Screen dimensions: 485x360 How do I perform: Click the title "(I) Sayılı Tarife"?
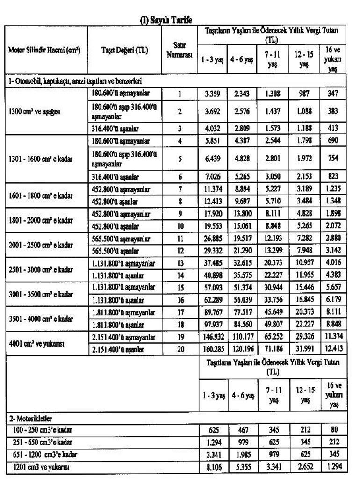pos(166,20)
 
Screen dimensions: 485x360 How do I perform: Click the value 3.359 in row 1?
pos(213,94)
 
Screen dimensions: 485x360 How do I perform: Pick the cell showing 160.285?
pos(213,349)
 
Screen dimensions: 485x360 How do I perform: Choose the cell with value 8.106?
pos(213,466)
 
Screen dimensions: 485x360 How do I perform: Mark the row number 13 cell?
pos(180,263)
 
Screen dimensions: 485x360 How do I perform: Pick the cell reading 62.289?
pos(213,300)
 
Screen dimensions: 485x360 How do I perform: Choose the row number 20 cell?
pos(180,349)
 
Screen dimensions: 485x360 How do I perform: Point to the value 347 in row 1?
pos(334,94)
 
